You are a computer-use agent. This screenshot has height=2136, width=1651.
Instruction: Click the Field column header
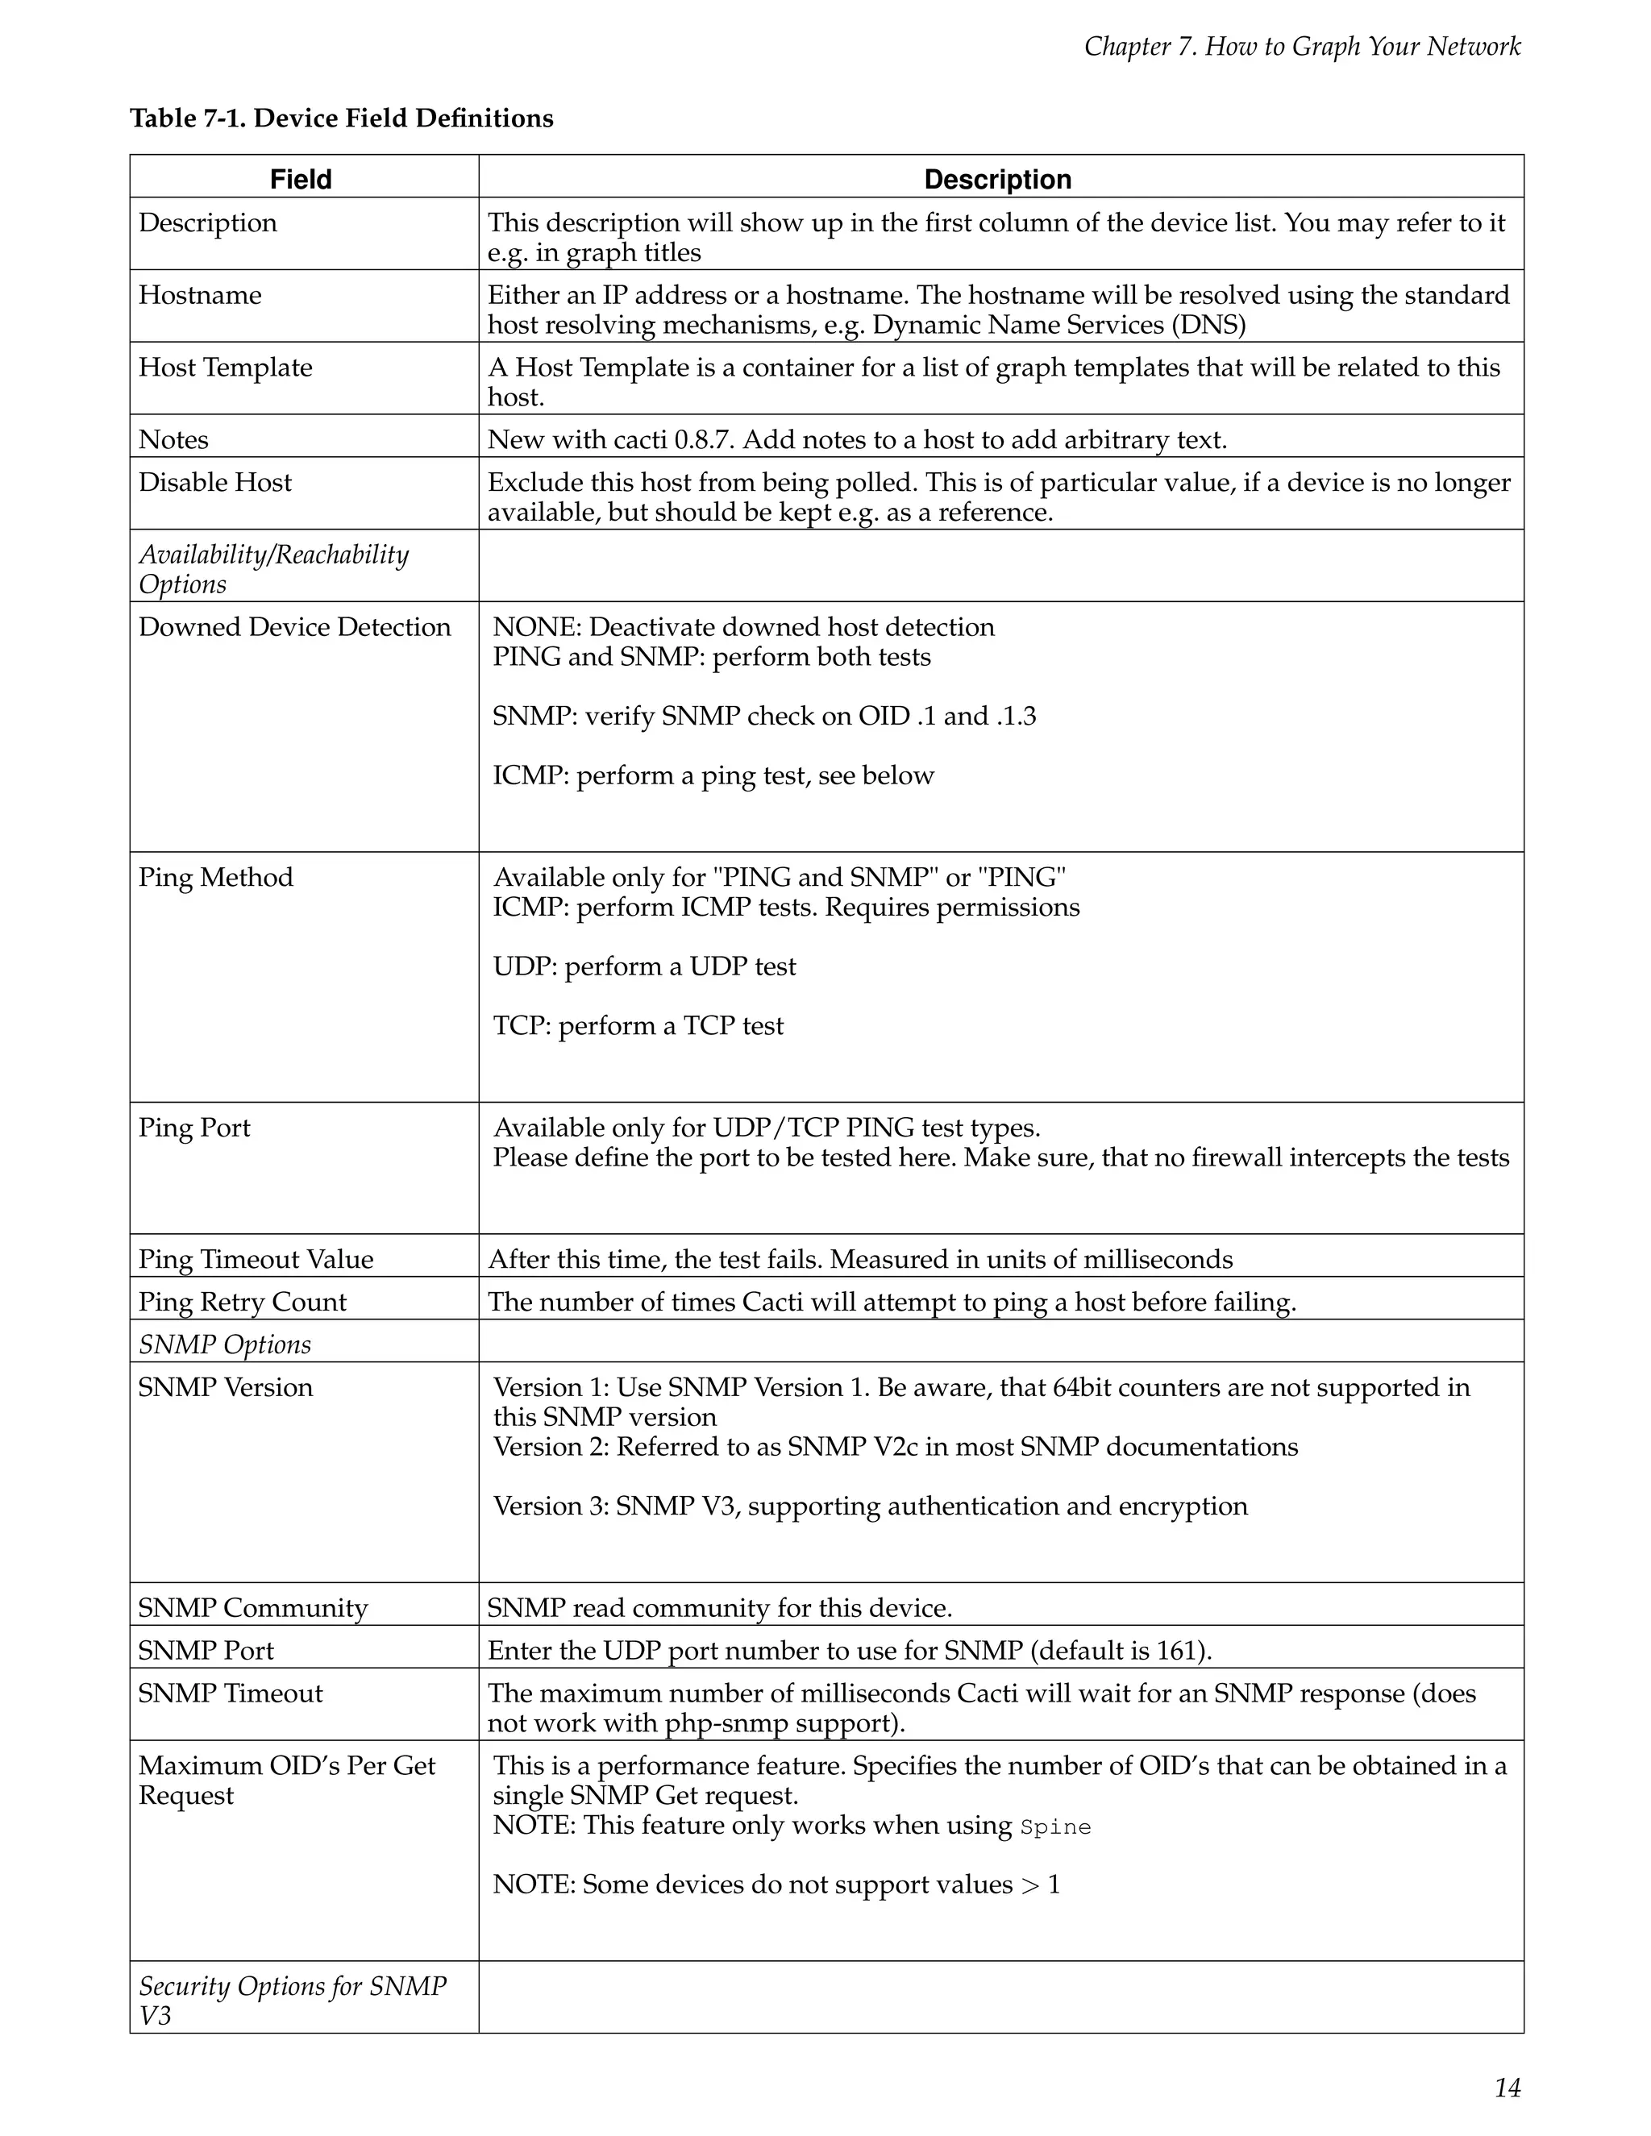pyautogui.click(x=302, y=179)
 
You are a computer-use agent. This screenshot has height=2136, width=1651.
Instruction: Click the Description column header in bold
pyautogui.click(x=998, y=179)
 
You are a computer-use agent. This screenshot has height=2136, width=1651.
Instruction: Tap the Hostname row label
pyautogui.click(x=200, y=294)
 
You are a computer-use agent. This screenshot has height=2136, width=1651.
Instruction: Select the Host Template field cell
pyautogui.click(x=225, y=367)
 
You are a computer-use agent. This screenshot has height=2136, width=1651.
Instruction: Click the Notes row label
pyautogui.click(x=173, y=439)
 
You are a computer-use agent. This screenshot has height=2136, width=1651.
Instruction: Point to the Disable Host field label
pyautogui.click(x=215, y=482)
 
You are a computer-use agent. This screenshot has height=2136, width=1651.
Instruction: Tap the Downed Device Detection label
pyautogui.click(x=294, y=627)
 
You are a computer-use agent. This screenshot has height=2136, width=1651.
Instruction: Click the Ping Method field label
pyautogui.click(x=215, y=877)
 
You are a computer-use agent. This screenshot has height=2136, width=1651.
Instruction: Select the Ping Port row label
pyautogui.click(x=193, y=1128)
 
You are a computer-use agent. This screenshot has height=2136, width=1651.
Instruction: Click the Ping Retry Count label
pyautogui.click(x=242, y=1302)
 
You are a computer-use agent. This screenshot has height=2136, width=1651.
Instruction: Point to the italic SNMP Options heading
pyautogui.click(x=224, y=1344)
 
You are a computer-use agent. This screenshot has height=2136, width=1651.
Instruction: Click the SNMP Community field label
pyautogui.click(x=252, y=1608)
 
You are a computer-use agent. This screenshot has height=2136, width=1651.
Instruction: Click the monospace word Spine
pyautogui.click(x=1055, y=1827)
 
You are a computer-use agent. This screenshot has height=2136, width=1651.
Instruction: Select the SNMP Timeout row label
pyautogui.click(x=230, y=1694)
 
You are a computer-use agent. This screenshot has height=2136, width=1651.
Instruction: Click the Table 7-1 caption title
pyautogui.click(x=341, y=118)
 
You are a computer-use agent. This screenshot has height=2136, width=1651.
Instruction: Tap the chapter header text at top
pyautogui.click(x=1302, y=46)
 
